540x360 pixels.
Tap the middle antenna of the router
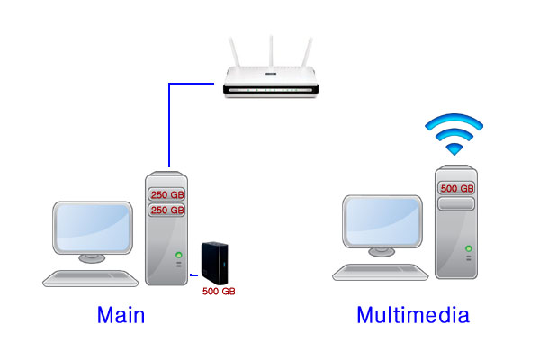271,53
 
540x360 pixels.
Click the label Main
121,315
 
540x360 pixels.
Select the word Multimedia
413,315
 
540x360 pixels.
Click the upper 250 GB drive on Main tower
166,193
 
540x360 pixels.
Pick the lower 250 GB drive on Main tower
166,210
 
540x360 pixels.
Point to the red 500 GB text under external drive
218,292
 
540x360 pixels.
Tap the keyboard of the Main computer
90,278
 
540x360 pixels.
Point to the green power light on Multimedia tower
468,247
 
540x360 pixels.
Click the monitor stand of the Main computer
94,259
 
